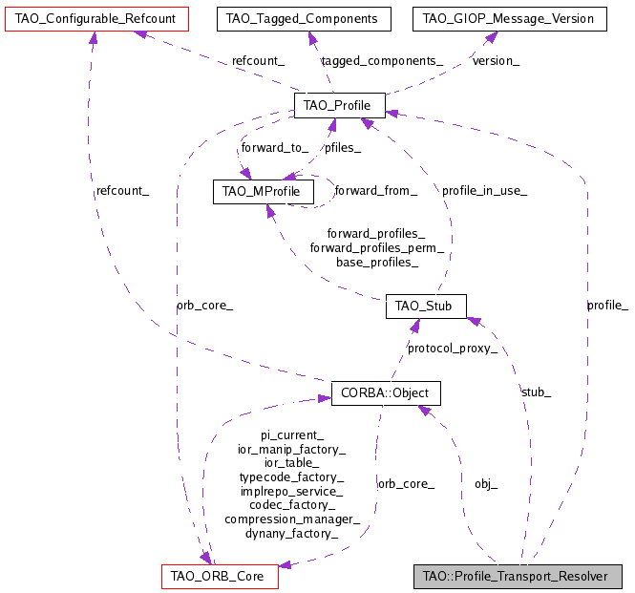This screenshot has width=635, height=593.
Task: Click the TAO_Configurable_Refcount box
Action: pyautogui.click(x=93, y=18)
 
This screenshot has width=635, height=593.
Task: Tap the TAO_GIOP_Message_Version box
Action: pyautogui.click(x=509, y=18)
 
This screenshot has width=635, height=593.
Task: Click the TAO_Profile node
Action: pyautogui.click(x=339, y=105)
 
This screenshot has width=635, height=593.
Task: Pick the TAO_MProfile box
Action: pyautogui.click(x=262, y=192)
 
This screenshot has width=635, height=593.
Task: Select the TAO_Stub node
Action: pyautogui.click(x=425, y=307)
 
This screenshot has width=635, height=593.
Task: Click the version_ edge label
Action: pyautogui.click(x=497, y=61)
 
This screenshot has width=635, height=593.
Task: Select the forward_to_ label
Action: pyautogui.click(x=274, y=148)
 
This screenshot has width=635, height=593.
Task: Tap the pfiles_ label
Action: pyautogui.click(x=343, y=148)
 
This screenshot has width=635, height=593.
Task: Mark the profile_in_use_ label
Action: pyautogui.click(x=484, y=191)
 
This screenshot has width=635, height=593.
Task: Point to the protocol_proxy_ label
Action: pyautogui.click(x=453, y=349)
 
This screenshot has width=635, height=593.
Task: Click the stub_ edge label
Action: pyautogui.click(x=536, y=392)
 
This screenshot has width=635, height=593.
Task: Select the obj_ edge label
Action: pyautogui.click(x=486, y=484)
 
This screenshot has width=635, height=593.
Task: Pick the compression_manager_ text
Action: pyautogui.click(x=292, y=519)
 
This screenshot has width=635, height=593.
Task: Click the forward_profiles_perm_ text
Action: pyautogui.click(x=376, y=247)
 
